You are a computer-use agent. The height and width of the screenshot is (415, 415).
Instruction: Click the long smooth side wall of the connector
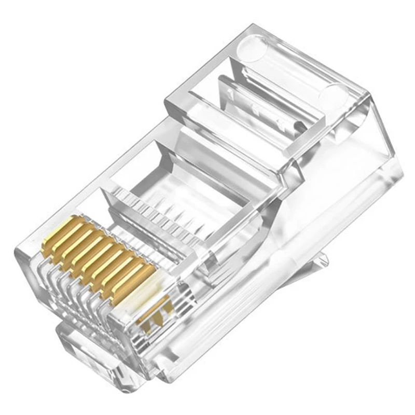290,249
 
